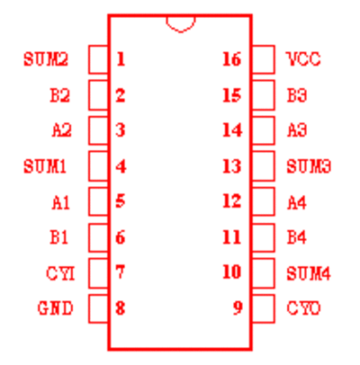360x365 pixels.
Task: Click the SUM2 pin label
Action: click(x=46, y=59)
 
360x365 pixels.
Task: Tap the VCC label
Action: click(x=304, y=59)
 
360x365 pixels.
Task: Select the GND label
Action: click(x=56, y=308)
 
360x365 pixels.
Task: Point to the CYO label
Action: click(x=303, y=308)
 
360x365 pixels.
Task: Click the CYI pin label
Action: click(x=60, y=273)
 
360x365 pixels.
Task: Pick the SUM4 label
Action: click(x=309, y=273)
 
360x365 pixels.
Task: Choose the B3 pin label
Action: click(x=297, y=95)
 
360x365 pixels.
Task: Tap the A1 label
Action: click(x=61, y=202)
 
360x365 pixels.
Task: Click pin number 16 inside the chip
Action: click(x=231, y=59)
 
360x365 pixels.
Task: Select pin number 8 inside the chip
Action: click(x=121, y=307)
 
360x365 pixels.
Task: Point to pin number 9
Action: click(x=238, y=307)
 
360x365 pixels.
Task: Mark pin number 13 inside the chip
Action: click(x=231, y=166)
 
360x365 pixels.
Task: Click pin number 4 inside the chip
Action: click(x=121, y=166)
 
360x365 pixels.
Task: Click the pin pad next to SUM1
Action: click(x=98, y=166)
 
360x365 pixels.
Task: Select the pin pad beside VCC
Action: click(x=264, y=59)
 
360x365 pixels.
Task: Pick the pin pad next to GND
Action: click(x=98, y=309)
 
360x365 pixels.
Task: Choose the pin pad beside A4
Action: click(x=264, y=201)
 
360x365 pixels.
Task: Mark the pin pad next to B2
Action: click(x=98, y=95)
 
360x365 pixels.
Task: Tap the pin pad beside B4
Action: click(x=264, y=237)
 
